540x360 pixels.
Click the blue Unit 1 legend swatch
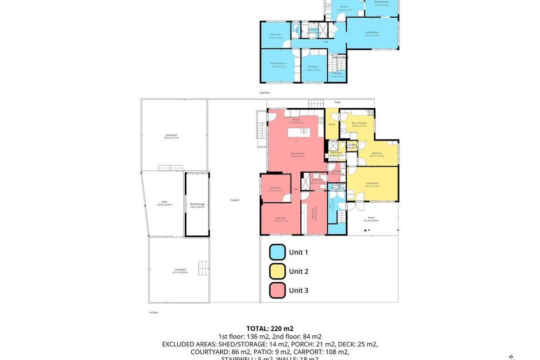[277, 252]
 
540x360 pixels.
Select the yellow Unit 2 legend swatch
[277, 271]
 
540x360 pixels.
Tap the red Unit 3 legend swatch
[277, 290]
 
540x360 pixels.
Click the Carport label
[235, 200]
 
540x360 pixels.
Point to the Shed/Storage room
[197, 205]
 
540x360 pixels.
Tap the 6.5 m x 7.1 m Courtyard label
[171, 136]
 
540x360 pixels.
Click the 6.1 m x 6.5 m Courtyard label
[180, 271]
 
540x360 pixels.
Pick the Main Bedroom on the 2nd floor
[279, 65]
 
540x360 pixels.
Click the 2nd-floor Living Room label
[372, 33]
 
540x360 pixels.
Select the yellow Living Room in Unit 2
[372, 184]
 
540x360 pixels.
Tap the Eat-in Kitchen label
[359, 124]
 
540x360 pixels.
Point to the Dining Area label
[297, 154]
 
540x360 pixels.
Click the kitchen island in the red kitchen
[301, 133]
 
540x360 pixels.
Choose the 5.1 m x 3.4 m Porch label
[371, 219]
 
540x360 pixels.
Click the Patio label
[337, 102]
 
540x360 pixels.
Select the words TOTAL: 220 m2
[270, 328]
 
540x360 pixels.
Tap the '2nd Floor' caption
[265, 93]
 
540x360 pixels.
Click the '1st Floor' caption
[154, 313]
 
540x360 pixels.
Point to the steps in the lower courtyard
[204, 268]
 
